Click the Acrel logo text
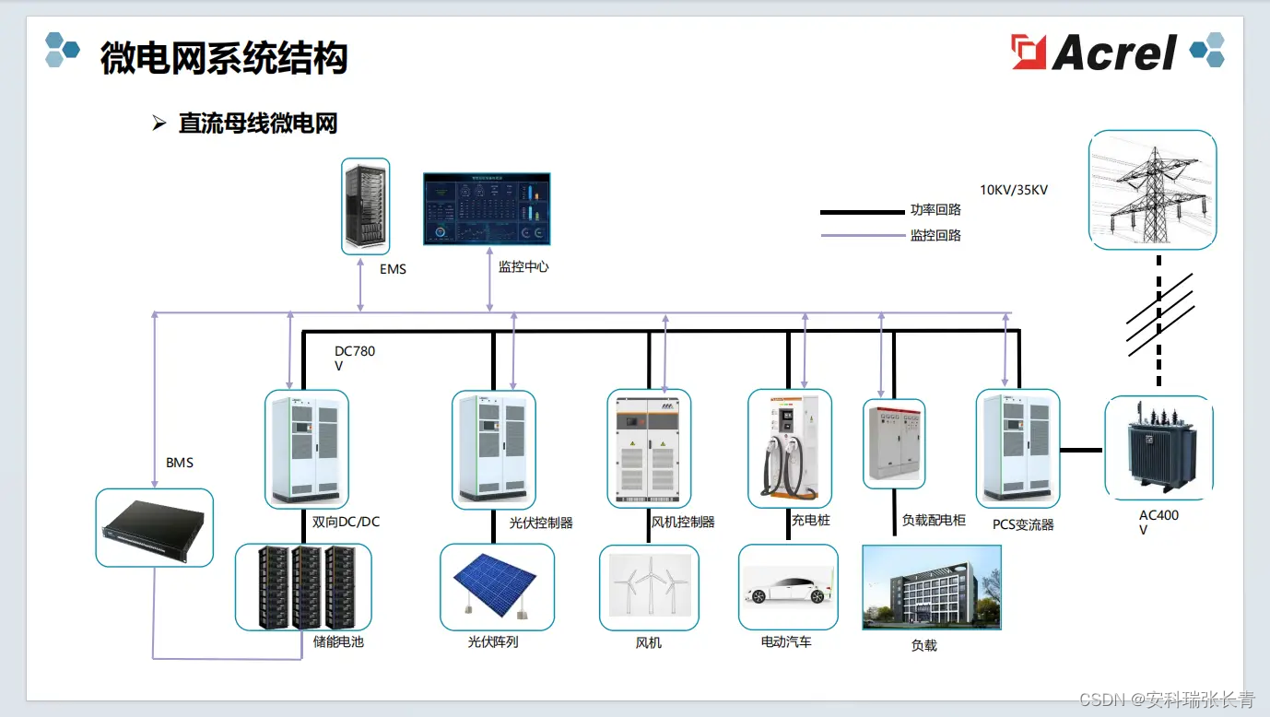[x=1114, y=53]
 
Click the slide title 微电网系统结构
[x=224, y=58]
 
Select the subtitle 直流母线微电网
[x=258, y=123]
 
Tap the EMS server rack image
[x=366, y=206]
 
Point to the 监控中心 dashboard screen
[x=487, y=208]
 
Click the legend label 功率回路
[x=935, y=210]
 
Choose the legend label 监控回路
[x=935, y=235]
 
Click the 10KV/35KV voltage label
[x=1014, y=190]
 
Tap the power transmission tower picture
[x=1152, y=189]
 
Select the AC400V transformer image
[x=1158, y=448]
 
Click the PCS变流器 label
[x=1023, y=524]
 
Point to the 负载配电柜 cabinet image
[x=894, y=443]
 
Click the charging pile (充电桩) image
[x=789, y=448]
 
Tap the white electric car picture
[x=788, y=587]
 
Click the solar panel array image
[x=497, y=586]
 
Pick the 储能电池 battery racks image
[x=303, y=586]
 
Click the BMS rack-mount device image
[x=155, y=527]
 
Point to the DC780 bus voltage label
[x=355, y=358]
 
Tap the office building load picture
[x=931, y=587]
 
